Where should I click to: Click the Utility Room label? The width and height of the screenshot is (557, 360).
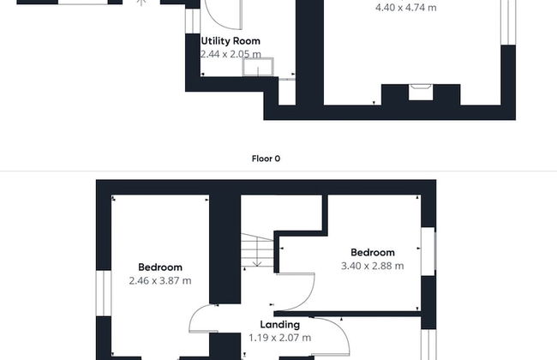tap(231, 41)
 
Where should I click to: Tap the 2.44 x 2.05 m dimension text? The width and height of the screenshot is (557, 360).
tap(231, 54)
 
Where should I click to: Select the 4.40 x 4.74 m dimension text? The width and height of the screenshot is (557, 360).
tap(406, 8)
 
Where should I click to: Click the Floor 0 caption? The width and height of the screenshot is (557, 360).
tap(266, 159)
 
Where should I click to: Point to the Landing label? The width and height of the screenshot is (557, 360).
tap(280, 325)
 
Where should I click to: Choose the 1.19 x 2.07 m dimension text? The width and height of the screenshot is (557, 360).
tap(280, 338)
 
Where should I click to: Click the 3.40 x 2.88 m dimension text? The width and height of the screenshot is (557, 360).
tap(372, 266)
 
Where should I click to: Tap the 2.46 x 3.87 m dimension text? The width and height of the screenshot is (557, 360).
tap(160, 281)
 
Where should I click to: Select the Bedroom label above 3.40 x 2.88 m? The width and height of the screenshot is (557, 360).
tap(373, 252)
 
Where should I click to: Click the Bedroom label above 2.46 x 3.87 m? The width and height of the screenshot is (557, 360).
tap(160, 267)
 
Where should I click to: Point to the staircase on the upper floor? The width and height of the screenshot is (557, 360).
tap(257, 249)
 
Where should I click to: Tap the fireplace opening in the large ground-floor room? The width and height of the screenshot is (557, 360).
tap(421, 92)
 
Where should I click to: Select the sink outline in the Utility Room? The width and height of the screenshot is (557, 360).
tap(258, 67)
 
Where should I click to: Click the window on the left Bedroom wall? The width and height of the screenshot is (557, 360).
tap(104, 293)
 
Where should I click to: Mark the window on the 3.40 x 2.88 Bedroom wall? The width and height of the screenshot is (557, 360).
tap(428, 251)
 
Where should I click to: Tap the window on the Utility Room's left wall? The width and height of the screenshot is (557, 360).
tap(193, 21)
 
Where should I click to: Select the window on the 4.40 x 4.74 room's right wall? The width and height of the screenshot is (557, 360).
tap(508, 22)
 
